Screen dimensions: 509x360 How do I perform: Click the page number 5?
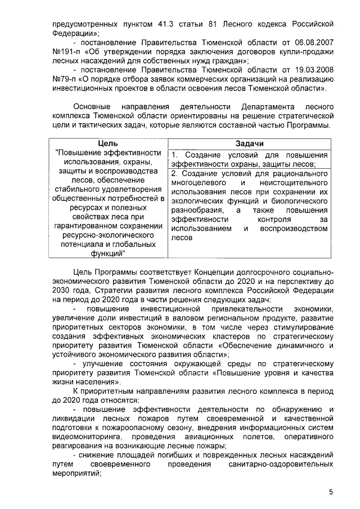pos(331,492)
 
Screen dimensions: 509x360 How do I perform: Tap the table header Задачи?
pos(250,143)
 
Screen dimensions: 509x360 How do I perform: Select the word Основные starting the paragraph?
pos(93,106)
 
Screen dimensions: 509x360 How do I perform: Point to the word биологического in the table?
pos(299,199)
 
